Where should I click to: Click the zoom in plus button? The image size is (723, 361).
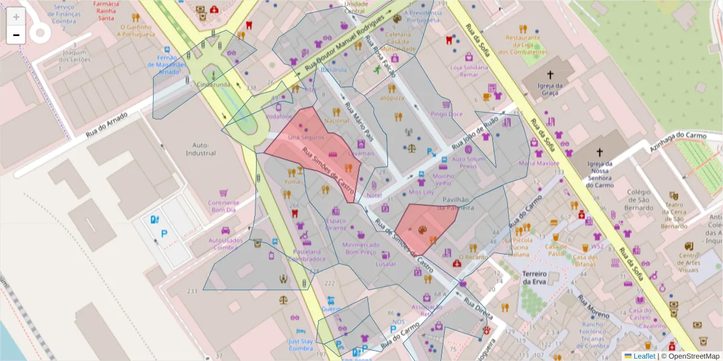point(16,17)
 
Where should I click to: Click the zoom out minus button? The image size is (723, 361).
point(16,35)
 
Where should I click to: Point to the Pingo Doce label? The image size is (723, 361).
point(446,114)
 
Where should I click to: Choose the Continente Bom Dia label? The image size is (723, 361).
point(224,207)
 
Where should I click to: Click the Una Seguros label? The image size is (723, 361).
point(306,137)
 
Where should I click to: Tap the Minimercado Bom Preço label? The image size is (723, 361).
point(360,248)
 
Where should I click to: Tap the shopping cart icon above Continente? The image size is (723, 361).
point(224,193)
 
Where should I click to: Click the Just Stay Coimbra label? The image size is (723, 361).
point(301,344)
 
